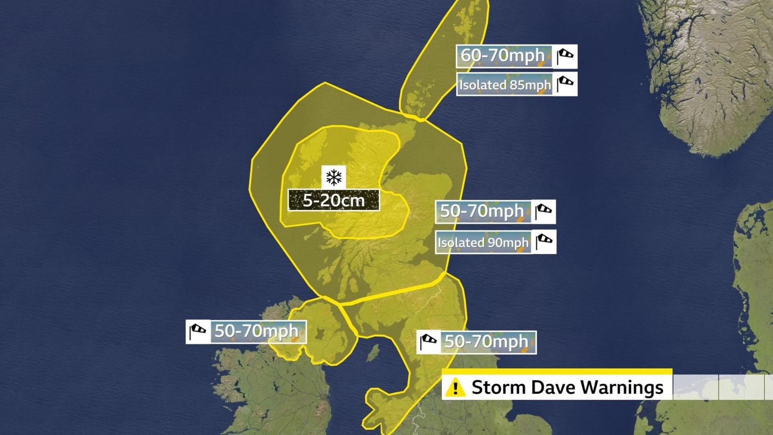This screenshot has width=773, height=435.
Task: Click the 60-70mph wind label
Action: pyautogui.click(x=503, y=56)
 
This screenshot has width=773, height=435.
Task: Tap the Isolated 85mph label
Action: pyautogui.click(x=504, y=85)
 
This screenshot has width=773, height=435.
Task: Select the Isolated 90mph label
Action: pyautogui.click(x=483, y=242)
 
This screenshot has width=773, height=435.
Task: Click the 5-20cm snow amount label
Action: pyautogui.click(x=333, y=200)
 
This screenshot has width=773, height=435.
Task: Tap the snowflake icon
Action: pyautogui.click(x=334, y=177)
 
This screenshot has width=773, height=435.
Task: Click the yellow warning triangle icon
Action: pyautogui.click(x=455, y=387)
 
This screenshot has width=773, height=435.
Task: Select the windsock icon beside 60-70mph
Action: pyautogui.click(x=565, y=56)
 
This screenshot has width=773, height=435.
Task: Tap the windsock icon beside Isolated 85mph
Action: pyautogui.click(x=565, y=84)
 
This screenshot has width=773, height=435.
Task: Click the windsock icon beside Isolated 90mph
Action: pyautogui.click(x=544, y=242)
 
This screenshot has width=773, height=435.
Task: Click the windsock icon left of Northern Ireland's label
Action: pyautogui.click(x=198, y=331)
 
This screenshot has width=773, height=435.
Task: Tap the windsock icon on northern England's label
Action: pyautogui.click(x=428, y=342)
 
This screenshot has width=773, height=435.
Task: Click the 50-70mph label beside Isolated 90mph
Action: pyautogui.click(x=482, y=211)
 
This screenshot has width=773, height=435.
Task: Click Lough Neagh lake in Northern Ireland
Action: pyautogui.click(x=321, y=334)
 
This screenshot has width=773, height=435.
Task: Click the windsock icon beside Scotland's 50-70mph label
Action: pyautogui.click(x=544, y=211)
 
